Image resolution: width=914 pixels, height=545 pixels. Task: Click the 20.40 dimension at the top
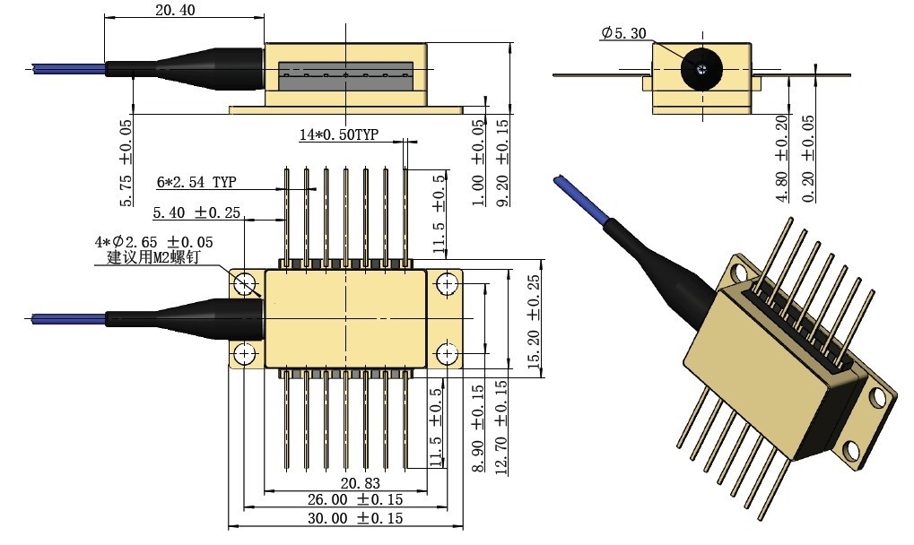click(175, 11)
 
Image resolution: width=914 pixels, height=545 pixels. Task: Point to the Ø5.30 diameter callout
click(624, 33)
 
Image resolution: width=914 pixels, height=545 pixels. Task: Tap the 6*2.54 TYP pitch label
click(196, 182)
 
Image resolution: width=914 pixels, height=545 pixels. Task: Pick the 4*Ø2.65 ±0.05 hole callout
click(154, 243)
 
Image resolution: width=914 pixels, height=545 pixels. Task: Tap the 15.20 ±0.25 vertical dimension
click(535, 323)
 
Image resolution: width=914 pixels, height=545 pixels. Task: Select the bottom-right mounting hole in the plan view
click(447, 354)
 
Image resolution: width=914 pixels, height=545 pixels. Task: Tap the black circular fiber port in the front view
click(701, 68)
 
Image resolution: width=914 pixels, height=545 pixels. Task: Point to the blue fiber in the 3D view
click(579, 197)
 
